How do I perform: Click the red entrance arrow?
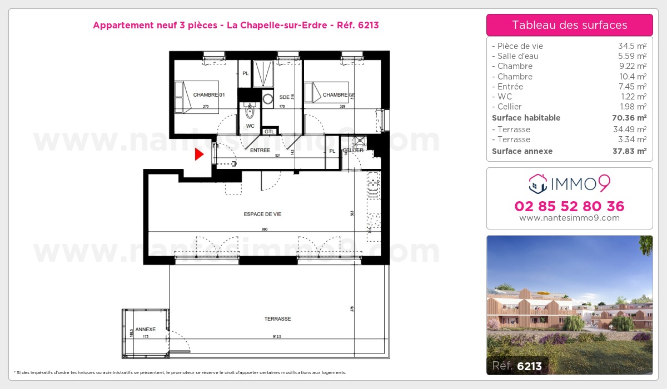pyautogui.click(x=199, y=154)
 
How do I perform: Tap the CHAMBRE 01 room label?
pyautogui.click(x=208, y=95)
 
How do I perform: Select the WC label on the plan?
pyautogui.click(x=250, y=126)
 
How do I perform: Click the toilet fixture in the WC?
pyautogui.click(x=250, y=113)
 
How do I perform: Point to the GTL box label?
pyautogui.click(x=270, y=132)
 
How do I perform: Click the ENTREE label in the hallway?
pyautogui.click(x=260, y=150)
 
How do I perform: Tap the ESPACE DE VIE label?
pyautogui.click(x=258, y=214)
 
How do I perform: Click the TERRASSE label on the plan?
pyautogui.click(x=277, y=319)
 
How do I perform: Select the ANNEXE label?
pyautogui.click(x=146, y=330)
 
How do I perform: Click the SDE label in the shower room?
pyautogui.click(x=285, y=97)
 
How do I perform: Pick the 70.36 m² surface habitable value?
pyautogui.click(x=633, y=118)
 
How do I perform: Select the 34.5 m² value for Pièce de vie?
pyautogui.click(x=635, y=46)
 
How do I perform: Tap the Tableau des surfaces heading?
pyautogui.click(x=569, y=25)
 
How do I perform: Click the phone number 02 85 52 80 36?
pyautogui.click(x=569, y=206)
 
